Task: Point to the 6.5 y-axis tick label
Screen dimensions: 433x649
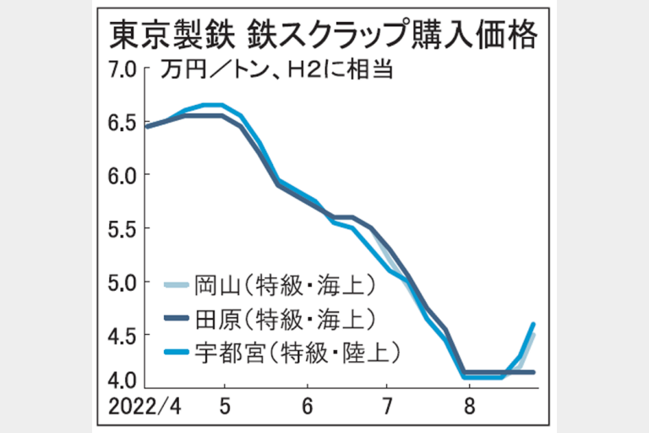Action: click(123, 123)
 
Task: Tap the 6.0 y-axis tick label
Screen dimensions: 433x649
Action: click(123, 176)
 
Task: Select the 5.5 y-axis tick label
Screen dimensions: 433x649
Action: click(123, 229)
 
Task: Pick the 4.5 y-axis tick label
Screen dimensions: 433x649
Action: click(123, 336)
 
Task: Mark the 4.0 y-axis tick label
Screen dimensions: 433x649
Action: click(123, 378)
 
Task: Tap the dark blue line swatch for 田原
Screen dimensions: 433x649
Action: click(176, 319)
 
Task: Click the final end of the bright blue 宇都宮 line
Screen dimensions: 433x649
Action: click(534, 323)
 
